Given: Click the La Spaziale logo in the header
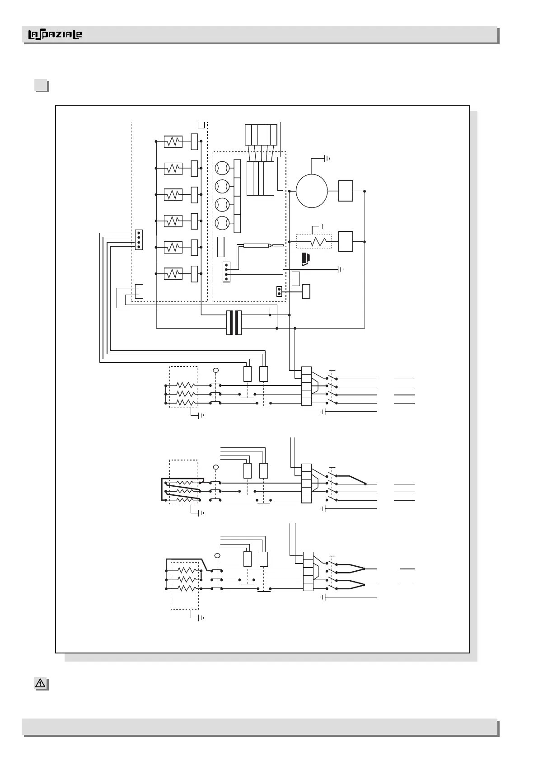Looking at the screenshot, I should (x=55, y=35).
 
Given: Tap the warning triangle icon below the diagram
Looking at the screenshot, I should (x=41, y=684).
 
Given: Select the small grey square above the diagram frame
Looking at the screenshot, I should (x=42, y=85).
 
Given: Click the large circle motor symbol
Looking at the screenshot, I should (x=312, y=191).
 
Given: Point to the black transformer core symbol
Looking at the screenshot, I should (x=234, y=323).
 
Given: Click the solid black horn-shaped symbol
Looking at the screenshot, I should (x=306, y=259).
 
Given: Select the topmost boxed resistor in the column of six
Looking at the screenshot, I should (x=173, y=141).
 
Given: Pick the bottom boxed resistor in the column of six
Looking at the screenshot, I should (x=173, y=274).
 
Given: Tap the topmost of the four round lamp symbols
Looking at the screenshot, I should (x=222, y=169).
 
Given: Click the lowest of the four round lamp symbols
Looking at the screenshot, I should (x=222, y=223).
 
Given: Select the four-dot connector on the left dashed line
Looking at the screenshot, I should (x=139, y=240).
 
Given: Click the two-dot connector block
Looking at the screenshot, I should (x=279, y=291).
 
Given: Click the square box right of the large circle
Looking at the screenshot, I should (x=346, y=191).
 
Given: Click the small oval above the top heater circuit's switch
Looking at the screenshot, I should (x=215, y=371).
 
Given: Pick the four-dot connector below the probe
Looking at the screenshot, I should (x=226, y=272).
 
